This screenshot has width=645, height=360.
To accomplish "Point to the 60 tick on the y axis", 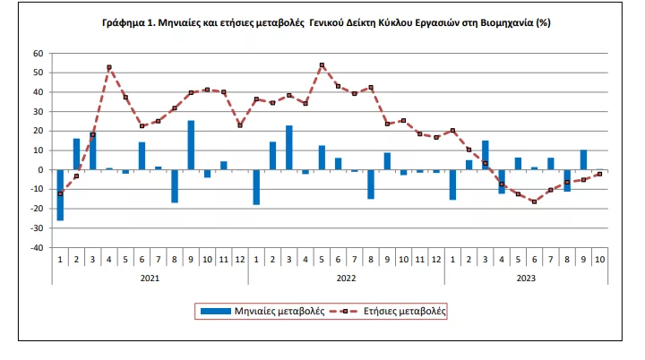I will (x=39, y=53).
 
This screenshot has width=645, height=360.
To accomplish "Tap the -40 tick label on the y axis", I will (x=37, y=248).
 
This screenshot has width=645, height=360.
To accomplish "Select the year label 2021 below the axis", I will (x=150, y=278).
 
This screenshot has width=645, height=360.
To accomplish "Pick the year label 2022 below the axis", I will (x=346, y=278).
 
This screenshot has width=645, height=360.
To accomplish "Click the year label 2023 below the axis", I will (x=526, y=278).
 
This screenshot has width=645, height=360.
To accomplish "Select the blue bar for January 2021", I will (x=60, y=194).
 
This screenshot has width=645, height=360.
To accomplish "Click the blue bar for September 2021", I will (x=191, y=145).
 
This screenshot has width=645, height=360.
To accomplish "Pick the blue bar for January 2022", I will (x=256, y=187).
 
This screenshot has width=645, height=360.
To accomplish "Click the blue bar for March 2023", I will (x=486, y=155).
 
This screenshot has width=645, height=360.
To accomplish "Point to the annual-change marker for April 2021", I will (x=109, y=67).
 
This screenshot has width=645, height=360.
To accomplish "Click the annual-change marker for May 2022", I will (x=322, y=65).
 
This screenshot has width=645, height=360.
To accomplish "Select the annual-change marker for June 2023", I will (x=535, y=201).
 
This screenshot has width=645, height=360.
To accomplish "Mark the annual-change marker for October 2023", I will (x=600, y=175).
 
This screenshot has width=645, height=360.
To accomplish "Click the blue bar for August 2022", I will (x=371, y=184).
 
